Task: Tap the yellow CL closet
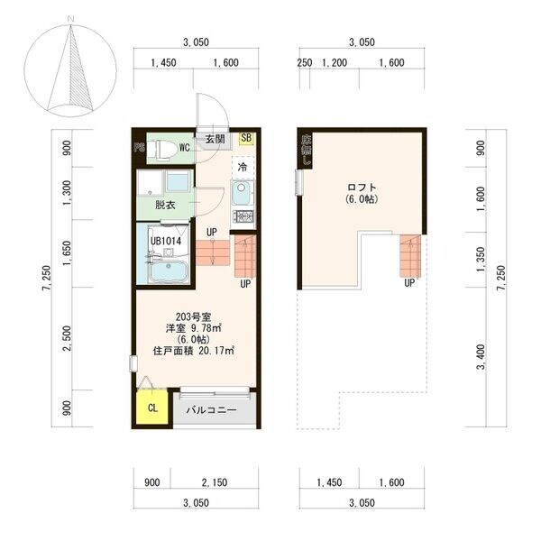[x=150, y=408]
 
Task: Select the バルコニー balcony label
[x=212, y=409]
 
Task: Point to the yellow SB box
[x=247, y=139]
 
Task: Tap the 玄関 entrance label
[x=215, y=139]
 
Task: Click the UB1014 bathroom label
[x=167, y=241]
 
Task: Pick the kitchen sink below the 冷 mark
[x=242, y=193]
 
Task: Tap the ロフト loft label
[x=361, y=188]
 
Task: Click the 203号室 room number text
[x=194, y=315]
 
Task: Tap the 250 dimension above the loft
[x=305, y=62]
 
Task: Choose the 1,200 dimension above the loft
[x=335, y=62]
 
